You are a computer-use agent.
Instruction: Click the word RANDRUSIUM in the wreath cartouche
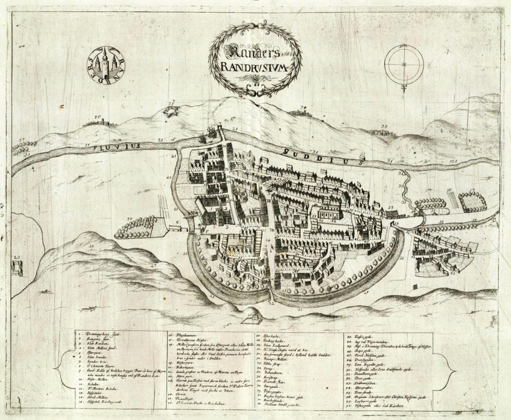tap(255, 67)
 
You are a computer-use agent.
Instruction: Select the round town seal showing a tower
tap(106, 65)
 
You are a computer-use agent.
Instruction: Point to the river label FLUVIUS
tap(120, 146)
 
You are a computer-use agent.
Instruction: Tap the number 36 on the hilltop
tap(98, 118)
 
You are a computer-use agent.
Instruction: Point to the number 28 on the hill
tap(91, 246)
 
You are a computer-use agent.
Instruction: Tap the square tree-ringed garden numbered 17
tap(472, 201)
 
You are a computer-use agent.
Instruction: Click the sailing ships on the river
tap(212, 133)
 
